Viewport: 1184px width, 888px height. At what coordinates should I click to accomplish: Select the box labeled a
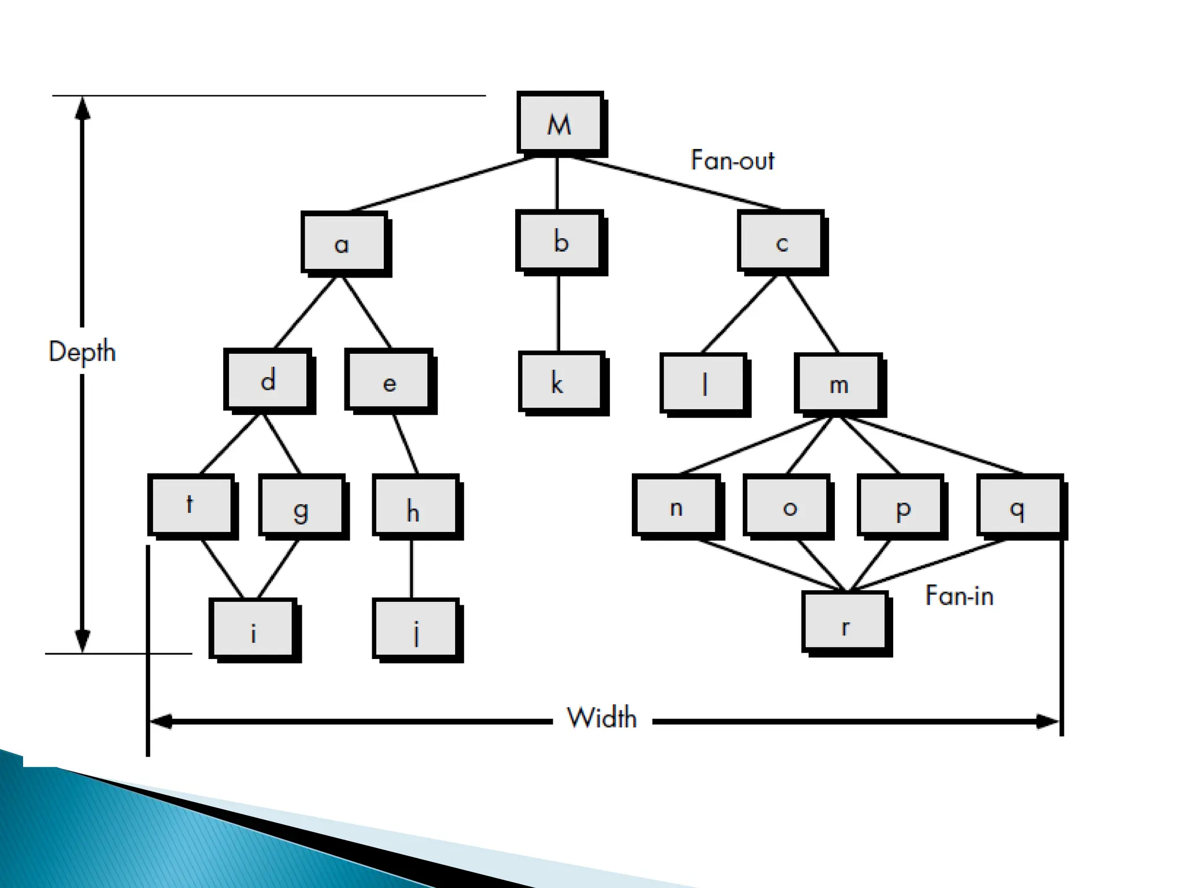click(x=343, y=242)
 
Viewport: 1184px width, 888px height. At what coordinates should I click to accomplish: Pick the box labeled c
click(x=781, y=242)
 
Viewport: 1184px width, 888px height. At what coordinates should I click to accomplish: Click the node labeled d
click(x=268, y=380)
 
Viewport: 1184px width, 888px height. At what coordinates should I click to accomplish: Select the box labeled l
click(x=704, y=383)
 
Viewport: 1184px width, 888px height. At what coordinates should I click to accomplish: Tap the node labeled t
click(x=191, y=505)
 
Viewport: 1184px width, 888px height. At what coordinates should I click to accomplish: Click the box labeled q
click(x=1019, y=506)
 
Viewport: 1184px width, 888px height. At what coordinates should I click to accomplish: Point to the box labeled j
click(x=416, y=630)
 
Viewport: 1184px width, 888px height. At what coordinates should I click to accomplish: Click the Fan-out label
click(x=732, y=160)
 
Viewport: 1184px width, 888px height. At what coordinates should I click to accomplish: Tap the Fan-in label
click(x=959, y=595)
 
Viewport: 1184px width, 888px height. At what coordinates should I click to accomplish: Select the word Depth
click(x=82, y=351)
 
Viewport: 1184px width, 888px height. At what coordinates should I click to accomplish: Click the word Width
click(x=602, y=718)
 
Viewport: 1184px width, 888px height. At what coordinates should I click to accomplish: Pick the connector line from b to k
click(x=558, y=312)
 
